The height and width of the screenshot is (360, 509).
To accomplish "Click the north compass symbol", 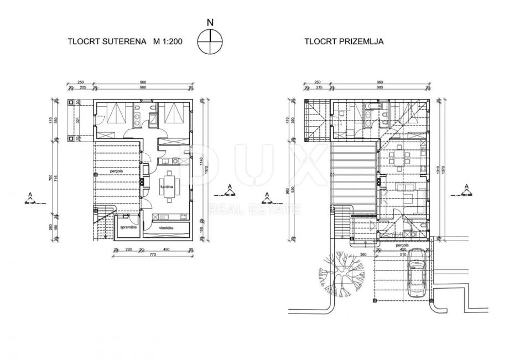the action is tap(210, 42).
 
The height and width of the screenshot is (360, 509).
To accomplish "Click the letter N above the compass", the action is tap(210, 23).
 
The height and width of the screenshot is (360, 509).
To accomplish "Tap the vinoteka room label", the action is tap(167, 227).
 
